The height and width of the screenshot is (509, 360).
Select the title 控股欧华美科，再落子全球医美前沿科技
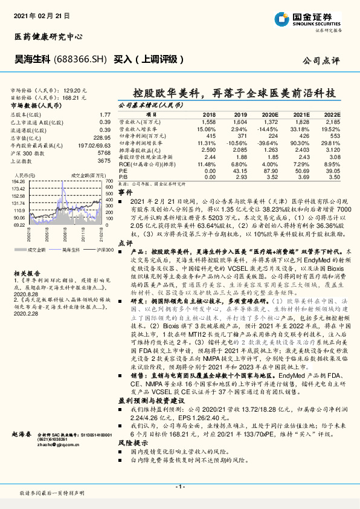click(x=234, y=94)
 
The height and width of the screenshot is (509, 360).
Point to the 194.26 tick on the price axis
click(x=18, y=181)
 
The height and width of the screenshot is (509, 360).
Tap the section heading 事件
click(x=126, y=191)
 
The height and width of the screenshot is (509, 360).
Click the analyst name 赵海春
click(x=22, y=434)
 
